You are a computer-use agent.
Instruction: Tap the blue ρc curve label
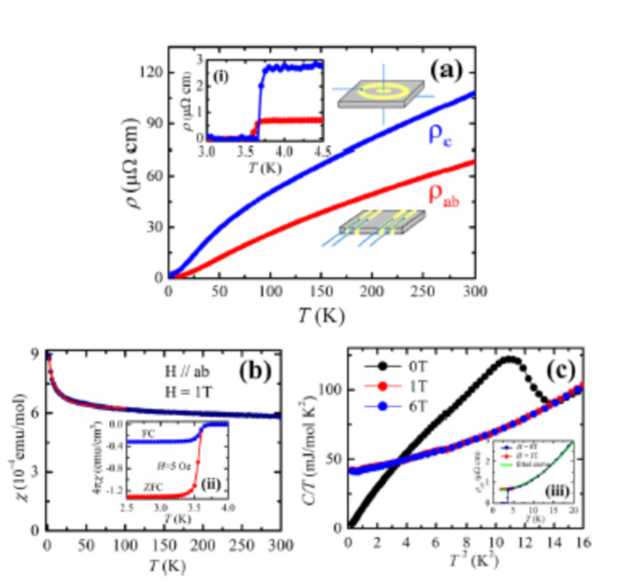(x=439, y=136)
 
